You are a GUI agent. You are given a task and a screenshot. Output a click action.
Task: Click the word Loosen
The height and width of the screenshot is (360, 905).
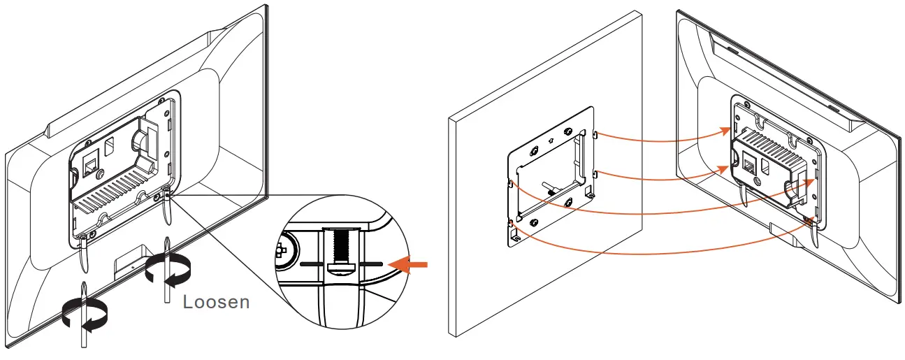216,303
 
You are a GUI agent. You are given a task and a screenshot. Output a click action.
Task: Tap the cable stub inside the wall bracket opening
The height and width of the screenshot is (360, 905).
550,187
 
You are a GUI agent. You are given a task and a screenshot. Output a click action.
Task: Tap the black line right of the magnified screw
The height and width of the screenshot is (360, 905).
371,264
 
